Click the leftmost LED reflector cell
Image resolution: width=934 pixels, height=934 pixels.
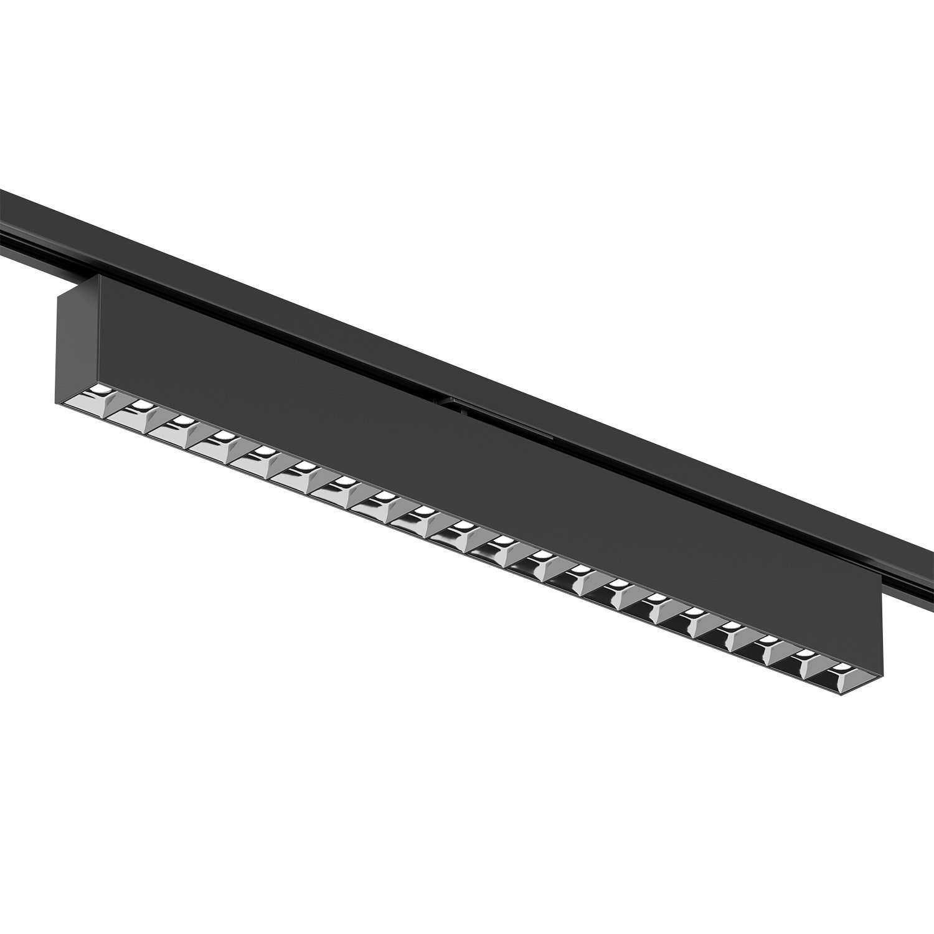coord(98,397)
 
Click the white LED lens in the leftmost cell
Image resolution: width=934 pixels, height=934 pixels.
coord(100,390)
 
